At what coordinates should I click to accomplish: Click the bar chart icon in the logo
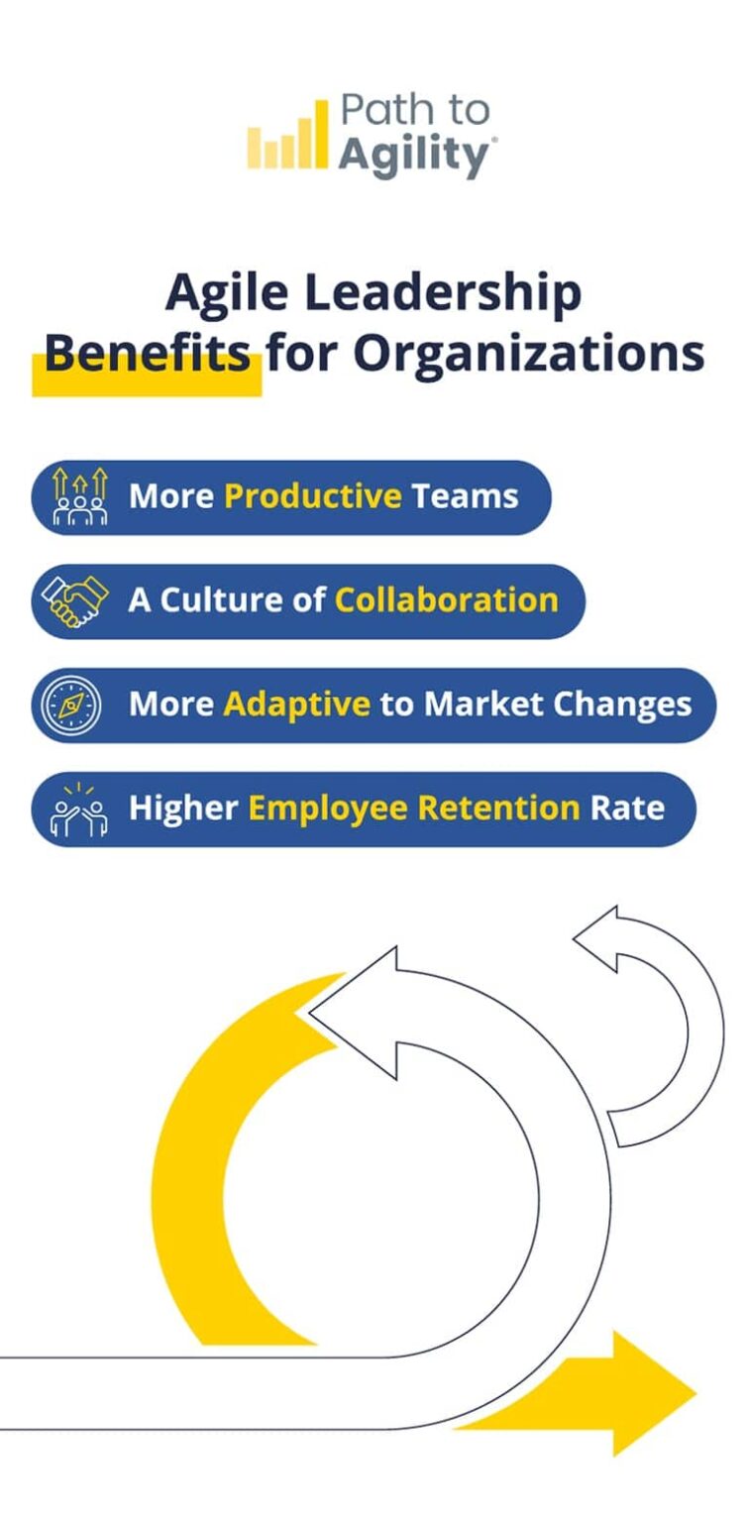point(286,137)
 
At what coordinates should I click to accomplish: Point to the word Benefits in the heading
point(147,352)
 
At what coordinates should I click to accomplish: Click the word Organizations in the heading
point(528,352)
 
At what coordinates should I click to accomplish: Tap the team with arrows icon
point(80,496)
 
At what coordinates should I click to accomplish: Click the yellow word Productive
point(313,495)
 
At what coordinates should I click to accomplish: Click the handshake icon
point(75,600)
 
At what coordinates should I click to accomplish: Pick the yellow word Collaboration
point(446,599)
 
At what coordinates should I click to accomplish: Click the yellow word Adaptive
point(296,704)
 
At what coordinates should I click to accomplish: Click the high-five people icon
point(78,810)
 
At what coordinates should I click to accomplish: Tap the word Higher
point(183,808)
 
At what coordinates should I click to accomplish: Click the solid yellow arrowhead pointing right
point(649,1393)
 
